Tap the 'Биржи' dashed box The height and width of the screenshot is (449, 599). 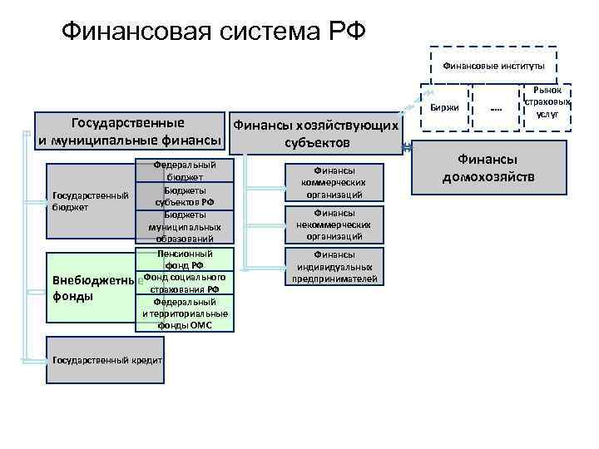click(444, 109)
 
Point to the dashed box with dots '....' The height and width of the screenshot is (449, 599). click(495, 109)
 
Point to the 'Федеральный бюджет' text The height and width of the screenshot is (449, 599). click(185, 171)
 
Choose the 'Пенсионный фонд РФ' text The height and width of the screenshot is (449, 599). click(185, 259)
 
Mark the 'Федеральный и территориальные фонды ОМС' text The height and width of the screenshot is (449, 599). click(185, 313)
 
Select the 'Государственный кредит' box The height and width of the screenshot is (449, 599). click(106, 360)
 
